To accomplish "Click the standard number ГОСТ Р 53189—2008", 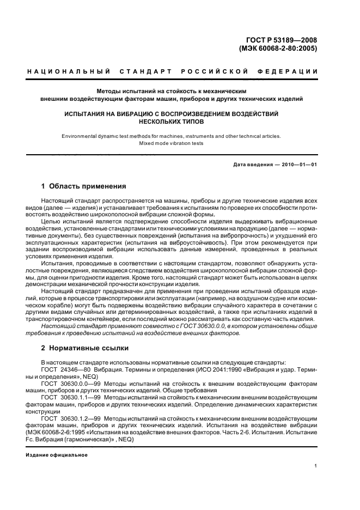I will (x=282, y=39).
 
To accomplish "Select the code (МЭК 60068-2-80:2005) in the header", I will (x=278, y=48).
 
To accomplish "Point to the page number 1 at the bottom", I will (x=315, y=465).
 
